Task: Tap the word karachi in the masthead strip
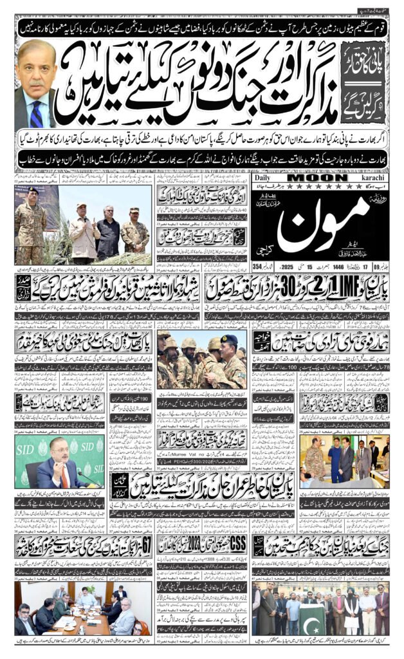point(370,178)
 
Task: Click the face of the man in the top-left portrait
point(33,71)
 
